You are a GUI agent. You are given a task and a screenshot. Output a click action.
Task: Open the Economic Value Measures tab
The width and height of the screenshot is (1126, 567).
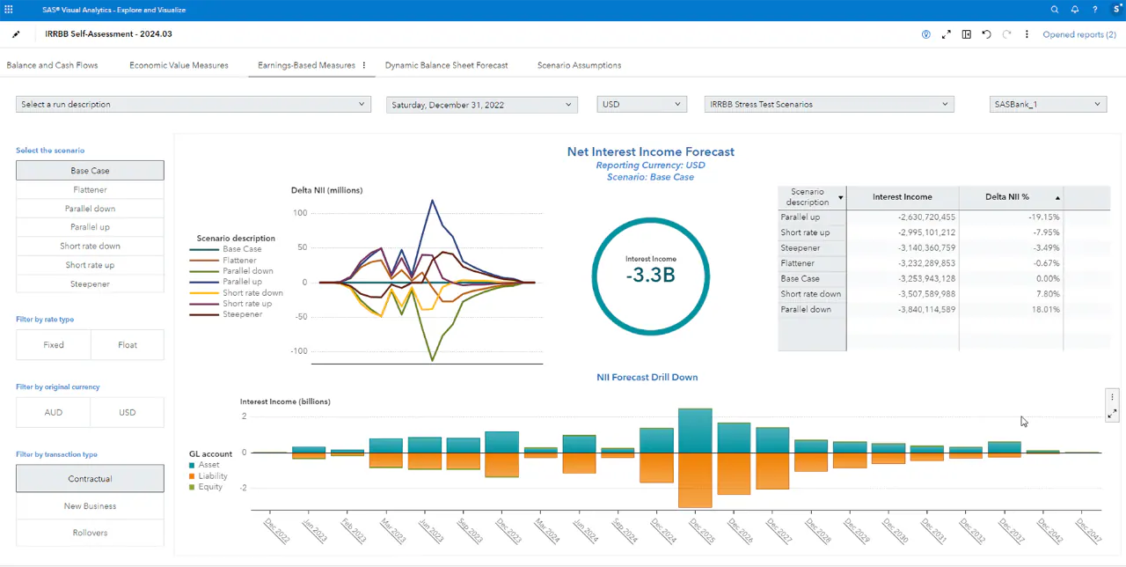179,65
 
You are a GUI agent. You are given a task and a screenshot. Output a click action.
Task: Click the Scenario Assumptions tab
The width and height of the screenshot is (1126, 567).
579,65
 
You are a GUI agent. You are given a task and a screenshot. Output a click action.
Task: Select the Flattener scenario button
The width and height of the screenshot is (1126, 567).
90,189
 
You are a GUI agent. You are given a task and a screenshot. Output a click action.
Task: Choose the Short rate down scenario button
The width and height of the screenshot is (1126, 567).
90,246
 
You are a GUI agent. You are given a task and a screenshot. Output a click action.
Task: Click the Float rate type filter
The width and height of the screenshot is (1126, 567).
128,345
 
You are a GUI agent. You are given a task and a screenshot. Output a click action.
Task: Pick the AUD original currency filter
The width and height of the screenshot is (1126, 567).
53,412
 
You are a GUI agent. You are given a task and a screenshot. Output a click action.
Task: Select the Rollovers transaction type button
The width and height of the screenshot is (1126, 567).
90,533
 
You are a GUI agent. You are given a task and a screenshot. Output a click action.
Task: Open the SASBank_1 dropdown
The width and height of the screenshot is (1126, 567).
1047,104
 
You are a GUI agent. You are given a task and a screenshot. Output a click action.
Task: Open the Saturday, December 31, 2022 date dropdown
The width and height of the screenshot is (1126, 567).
481,105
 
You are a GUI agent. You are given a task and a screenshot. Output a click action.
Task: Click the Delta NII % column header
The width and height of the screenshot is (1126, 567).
1007,197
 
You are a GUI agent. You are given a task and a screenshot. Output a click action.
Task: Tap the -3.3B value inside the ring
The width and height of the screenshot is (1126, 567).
651,275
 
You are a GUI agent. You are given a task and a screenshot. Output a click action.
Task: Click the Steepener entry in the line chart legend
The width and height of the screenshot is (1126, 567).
242,314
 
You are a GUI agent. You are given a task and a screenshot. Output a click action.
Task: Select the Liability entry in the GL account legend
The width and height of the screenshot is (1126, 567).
212,475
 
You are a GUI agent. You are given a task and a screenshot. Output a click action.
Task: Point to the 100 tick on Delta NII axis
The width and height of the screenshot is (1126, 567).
300,213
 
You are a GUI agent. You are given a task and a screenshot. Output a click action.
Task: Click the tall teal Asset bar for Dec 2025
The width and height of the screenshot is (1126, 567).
694,431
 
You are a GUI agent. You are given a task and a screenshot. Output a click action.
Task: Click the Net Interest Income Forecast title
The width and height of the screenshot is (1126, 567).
650,151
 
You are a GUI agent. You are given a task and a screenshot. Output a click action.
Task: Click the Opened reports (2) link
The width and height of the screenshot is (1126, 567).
1078,34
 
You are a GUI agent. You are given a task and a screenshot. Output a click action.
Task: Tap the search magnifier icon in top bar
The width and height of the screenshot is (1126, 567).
1055,10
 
